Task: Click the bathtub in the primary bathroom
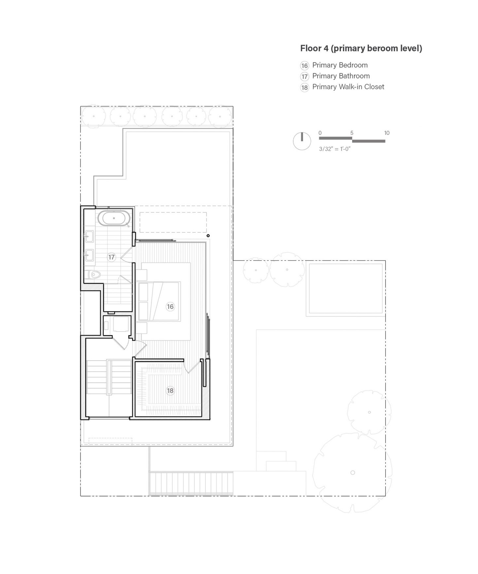pyautogui.click(x=114, y=218)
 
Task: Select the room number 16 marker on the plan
pyautogui.click(x=170, y=307)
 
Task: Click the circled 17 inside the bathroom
pyautogui.click(x=111, y=257)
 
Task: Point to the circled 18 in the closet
pyautogui.click(x=170, y=391)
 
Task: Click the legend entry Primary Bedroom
pyautogui.click(x=340, y=65)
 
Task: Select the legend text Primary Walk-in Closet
pyautogui.click(x=348, y=87)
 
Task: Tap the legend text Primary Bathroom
pyautogui.click(x=341, y=76)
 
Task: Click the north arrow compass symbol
pyautogui.click(x=302, y=141)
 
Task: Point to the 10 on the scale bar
pyautogui.click(x=387, y=133)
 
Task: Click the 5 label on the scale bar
pyautogui.click(x=352, y=133)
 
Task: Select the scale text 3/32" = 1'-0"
pyautogui.click(x=335, y=149)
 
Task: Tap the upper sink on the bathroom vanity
pyautogui.click(x=89, y=236)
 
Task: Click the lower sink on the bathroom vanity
pyautogui.click(x=89, y=255)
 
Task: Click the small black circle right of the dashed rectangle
pyautogui.click(x=208, y=236)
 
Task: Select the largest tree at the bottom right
pyautogui.click(x=353, y=472)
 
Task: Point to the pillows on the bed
pyautogui.click(x=143, y=301)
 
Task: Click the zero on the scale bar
pyautogui.click(x=320, y=133)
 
